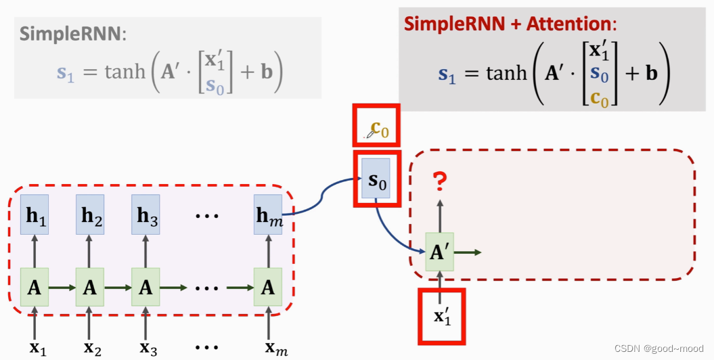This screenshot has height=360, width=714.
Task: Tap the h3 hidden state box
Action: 146,215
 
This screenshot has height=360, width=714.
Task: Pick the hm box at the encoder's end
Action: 268,215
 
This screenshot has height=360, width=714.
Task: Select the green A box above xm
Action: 268,287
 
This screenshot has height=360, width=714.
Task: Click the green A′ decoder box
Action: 440,252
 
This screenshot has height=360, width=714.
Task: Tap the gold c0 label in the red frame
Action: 379,129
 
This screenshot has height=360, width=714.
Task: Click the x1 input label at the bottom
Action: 38,348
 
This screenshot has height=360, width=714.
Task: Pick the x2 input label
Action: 93,348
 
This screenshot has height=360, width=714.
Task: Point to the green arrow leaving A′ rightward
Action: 469,252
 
